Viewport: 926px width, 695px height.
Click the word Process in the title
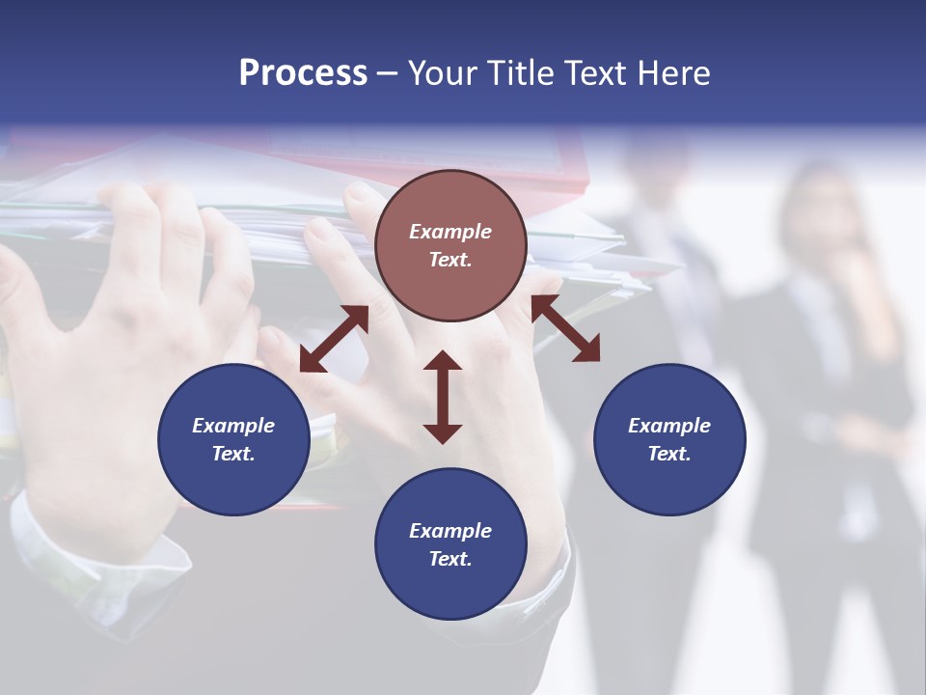pos(303,73)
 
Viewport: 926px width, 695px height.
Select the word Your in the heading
pos(439,73)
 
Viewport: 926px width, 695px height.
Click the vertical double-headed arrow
pos(443,397)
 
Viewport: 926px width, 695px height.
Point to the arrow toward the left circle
pos(334,339)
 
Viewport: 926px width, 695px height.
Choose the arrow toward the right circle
pos(565,328)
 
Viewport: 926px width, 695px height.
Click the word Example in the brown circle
pos(450,232)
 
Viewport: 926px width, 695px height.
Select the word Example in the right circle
pos(669,426)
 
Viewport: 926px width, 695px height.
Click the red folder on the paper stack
pos(540,164)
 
